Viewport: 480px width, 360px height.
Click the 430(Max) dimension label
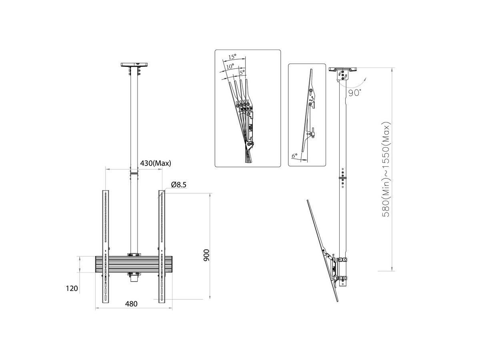tap(155, 163)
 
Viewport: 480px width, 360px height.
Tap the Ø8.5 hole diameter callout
tap(179, 185)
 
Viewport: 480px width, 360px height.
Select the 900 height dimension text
tap(206, 255)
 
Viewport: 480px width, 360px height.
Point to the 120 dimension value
tap(72, 288)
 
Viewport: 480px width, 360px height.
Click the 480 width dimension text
tap(131, 304)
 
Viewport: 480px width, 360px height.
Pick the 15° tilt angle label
tap(232, 57)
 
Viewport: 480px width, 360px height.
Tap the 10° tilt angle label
tap(230, 66)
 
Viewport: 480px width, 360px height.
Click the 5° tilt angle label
tap(242, 72)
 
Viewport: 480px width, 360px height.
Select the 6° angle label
tap(294, 156)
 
